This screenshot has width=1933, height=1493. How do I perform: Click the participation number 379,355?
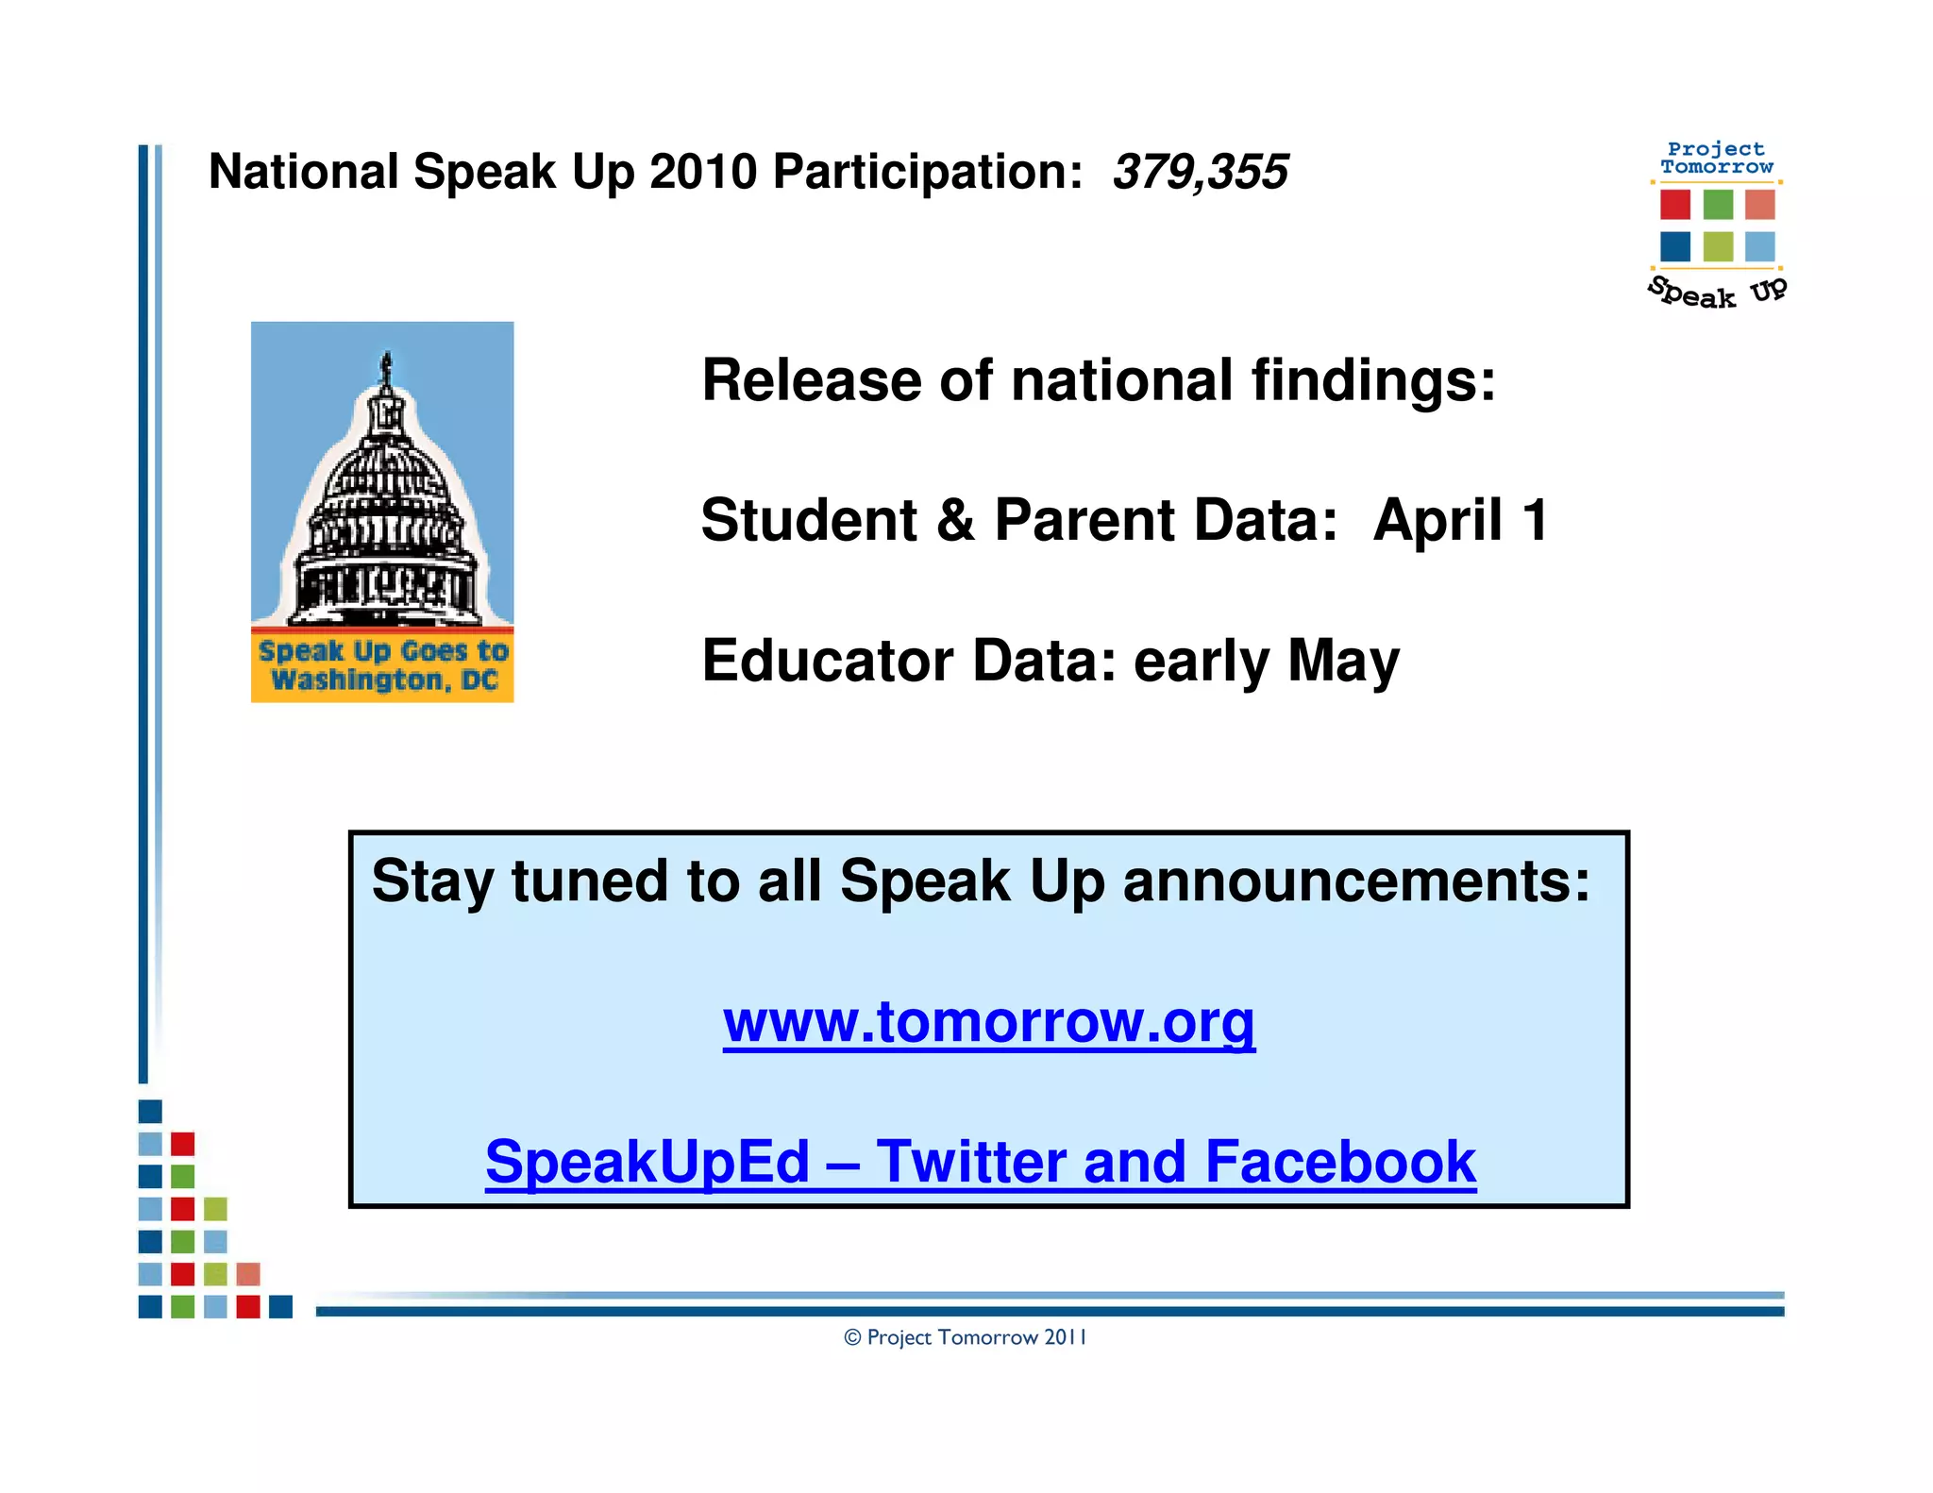(x=1200, y=173)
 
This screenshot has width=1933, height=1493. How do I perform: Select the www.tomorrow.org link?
(x=989, y=1021)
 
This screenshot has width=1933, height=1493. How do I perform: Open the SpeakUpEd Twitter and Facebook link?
(x=981, y=1162)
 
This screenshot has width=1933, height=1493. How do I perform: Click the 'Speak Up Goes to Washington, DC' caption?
(x=383, y=665)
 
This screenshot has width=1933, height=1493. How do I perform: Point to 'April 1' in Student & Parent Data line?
(x=1461, y=520)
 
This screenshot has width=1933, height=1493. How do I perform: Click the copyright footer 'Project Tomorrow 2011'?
(x=966, y=1337)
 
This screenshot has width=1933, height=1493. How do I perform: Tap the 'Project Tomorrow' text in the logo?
(x=1717, y=158)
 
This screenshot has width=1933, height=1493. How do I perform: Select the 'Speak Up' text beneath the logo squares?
(x=1717, y=293)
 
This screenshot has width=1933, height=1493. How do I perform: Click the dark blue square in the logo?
(x=1675, y=246)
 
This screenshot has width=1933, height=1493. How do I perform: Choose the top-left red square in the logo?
(x=1675, y=204)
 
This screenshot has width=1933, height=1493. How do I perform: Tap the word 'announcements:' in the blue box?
(x=1356, y=881)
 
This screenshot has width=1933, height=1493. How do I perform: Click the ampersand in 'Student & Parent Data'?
(x=955, y=520)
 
